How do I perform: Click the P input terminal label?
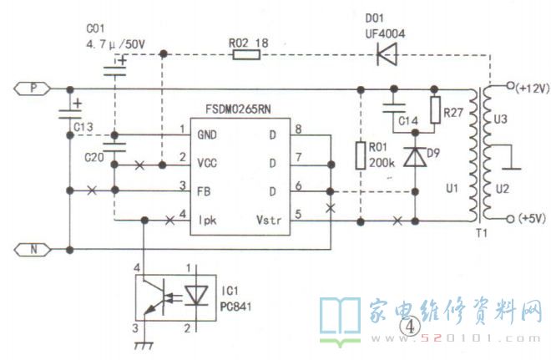pyautogui.click(x=33, y=89)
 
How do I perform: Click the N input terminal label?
pyautogui.click(x=33, y=250)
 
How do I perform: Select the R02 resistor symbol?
pyautogui.click(x=246, y=54)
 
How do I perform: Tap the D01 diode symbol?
pyautogui.click(x=387, y=54)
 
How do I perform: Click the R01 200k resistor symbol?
pyautogui.click(x=361, y=155)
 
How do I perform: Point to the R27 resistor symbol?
pyautogui.click(x=435, y=109)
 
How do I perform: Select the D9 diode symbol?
pyautogui.click(x=415, y=157)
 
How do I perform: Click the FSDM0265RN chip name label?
pyautogui.click(x=238, y=109)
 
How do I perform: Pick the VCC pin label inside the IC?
pyautogui.click(x=207, y=164)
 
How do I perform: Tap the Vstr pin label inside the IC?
pyautogui.click(x=269, y=220)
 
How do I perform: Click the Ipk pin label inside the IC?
pyautogui.click(x=208, y=221)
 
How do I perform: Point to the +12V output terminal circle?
pyautogui.click(x=510, y=85)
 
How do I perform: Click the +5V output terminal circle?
pyautogui.click(x=510, y=219)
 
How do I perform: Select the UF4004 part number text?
pyautogui.click(x=385, y=33)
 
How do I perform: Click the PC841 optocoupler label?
pyautogui.click(x=235, y=307)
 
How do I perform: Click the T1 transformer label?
pyautogui.click(x=482, y=233)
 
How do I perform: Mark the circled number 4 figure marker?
pyautogui.click(x=410, y=327)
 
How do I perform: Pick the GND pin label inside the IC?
pyautogui.click(x=207, y=135)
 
